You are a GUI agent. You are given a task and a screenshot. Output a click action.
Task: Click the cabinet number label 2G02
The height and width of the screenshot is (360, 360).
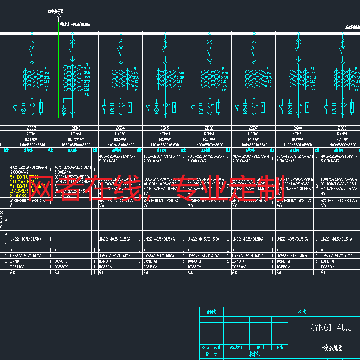coord(31,128)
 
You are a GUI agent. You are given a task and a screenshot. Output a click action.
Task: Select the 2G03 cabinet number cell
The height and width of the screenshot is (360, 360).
coord(76,128)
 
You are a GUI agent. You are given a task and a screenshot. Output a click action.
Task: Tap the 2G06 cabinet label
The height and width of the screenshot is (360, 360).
coord(209,128)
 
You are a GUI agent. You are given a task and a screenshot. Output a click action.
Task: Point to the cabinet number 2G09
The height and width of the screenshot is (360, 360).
coord(342,128)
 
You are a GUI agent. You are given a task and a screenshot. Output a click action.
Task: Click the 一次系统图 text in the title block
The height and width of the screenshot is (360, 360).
coord(330,348)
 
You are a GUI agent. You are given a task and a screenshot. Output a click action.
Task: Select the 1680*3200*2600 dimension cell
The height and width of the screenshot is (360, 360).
coord(76,144)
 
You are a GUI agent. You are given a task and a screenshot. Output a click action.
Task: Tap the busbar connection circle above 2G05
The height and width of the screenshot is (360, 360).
coord(165,34)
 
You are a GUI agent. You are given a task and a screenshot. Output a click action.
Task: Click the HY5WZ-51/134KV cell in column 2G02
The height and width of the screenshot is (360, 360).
coord(26,256)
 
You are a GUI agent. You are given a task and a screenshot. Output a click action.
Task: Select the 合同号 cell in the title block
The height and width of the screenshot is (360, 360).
coord(211,311)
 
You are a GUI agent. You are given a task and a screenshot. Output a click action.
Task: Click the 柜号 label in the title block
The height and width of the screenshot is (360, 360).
coord(302,311)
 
